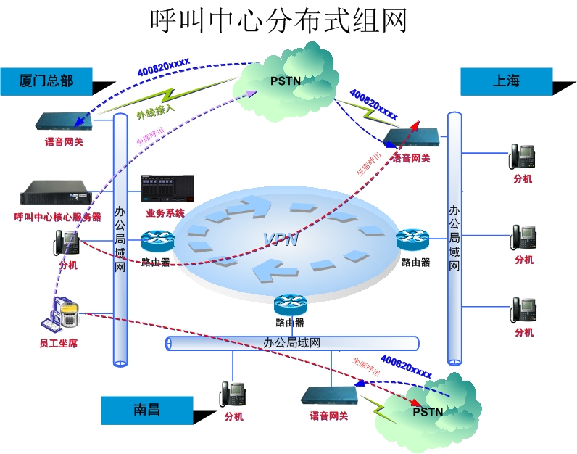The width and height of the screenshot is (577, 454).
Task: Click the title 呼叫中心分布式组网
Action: [x=278, y=20]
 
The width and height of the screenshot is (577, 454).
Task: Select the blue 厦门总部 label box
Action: [x=47, y=81]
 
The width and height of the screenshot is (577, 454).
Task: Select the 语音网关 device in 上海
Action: [x=411, y=137]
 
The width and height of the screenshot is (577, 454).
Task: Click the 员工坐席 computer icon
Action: [x=61, y=316]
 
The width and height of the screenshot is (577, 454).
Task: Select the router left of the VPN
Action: [x=157, y=241]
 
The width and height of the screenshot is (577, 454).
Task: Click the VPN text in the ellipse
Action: [x=281, y=239]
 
